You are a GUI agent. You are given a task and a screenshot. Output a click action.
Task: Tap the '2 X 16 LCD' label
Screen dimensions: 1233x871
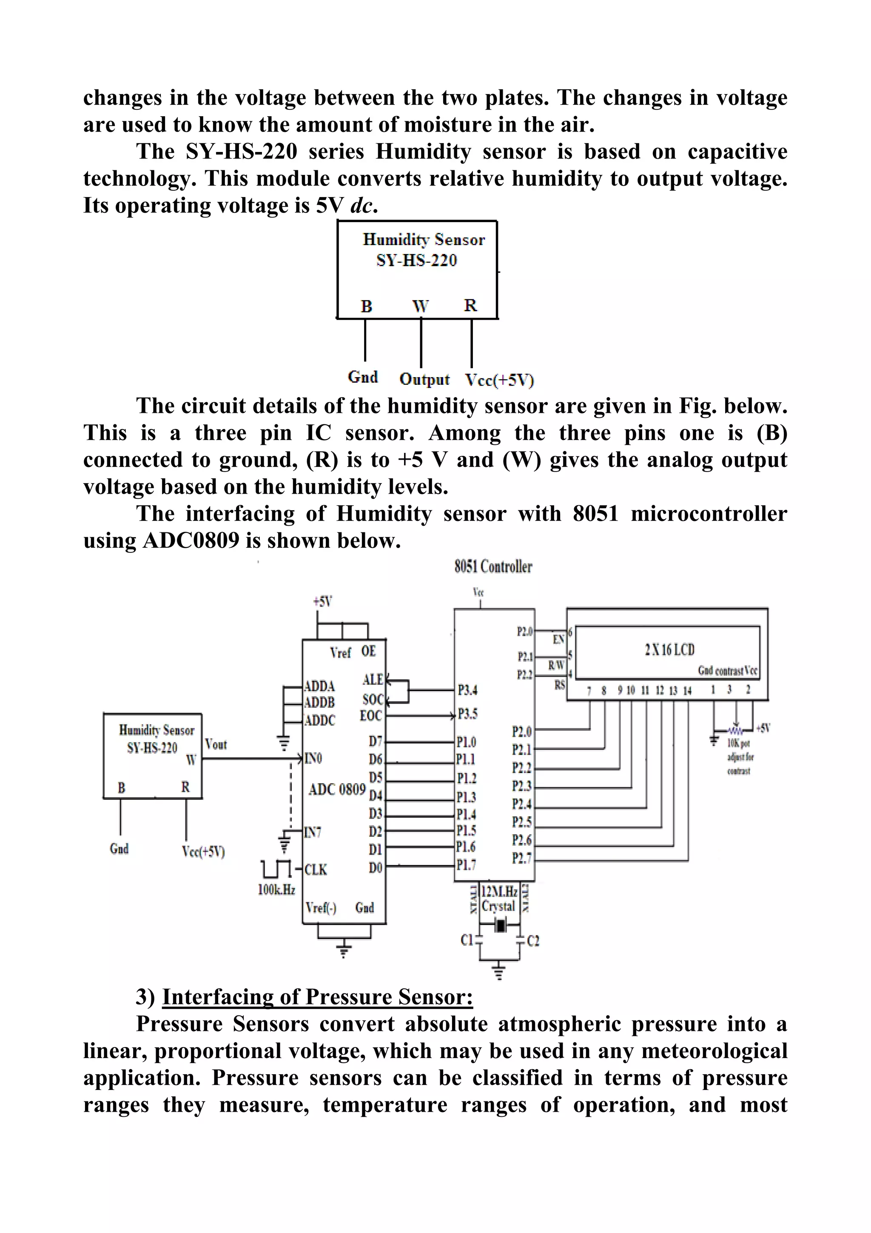(x=669, y=650)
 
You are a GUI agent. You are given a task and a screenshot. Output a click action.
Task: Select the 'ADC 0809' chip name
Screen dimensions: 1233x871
(x=337, y=790)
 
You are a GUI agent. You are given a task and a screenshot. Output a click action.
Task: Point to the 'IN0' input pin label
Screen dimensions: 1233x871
(x=313, y=758)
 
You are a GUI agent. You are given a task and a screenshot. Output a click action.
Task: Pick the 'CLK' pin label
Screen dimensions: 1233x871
(x=316, y=870)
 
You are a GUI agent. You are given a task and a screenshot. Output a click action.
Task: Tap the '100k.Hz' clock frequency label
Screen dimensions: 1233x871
(x=276, y=889)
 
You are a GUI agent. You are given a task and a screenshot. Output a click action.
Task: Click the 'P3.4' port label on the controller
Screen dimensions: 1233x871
(x=467, y=689)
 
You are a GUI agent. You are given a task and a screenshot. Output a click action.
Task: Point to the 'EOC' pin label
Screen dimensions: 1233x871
(x=371, y=716)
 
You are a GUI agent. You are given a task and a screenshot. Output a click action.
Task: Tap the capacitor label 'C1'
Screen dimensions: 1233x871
(x=467, y=940)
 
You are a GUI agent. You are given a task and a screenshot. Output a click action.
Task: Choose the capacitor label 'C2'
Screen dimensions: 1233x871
(x=533, y=941)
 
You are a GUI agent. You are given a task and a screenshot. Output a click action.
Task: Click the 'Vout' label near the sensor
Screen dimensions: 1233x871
(x=216, y=744)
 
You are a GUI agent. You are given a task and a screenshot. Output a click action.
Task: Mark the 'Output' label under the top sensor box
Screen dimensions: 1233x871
(x=424, y=379)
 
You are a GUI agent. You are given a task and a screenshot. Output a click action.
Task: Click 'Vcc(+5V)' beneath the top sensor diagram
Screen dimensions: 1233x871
(x=499, y=380)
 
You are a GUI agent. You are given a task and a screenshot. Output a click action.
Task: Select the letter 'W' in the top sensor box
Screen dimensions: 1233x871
(x=420, y=306)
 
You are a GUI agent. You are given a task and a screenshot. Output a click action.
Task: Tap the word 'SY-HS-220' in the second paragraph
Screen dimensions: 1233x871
(x=241, y=152)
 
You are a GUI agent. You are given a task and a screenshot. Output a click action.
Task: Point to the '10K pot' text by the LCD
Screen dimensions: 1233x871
(x=738, y=743)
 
